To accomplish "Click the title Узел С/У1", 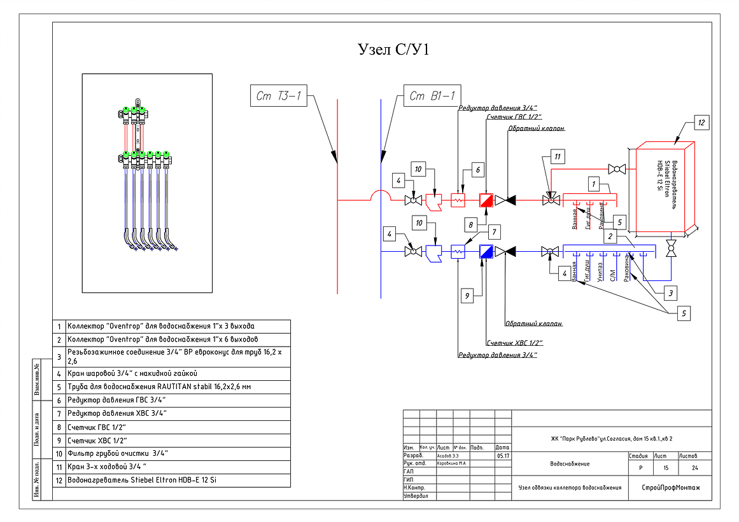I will click(x=393, y=50).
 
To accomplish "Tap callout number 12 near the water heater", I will click(x=701, y=124).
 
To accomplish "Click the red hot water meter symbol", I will click(x=487, y=200).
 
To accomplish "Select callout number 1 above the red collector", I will click(x=593, y=184).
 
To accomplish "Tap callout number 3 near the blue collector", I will click(x=670, y=293).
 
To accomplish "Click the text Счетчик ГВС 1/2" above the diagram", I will click(x=513, y=117).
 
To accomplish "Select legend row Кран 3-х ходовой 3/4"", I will click(x=107, y=467).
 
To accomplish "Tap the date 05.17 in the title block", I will click(x=502, y=456).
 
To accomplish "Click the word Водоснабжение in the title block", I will click(x=570, y=464).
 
